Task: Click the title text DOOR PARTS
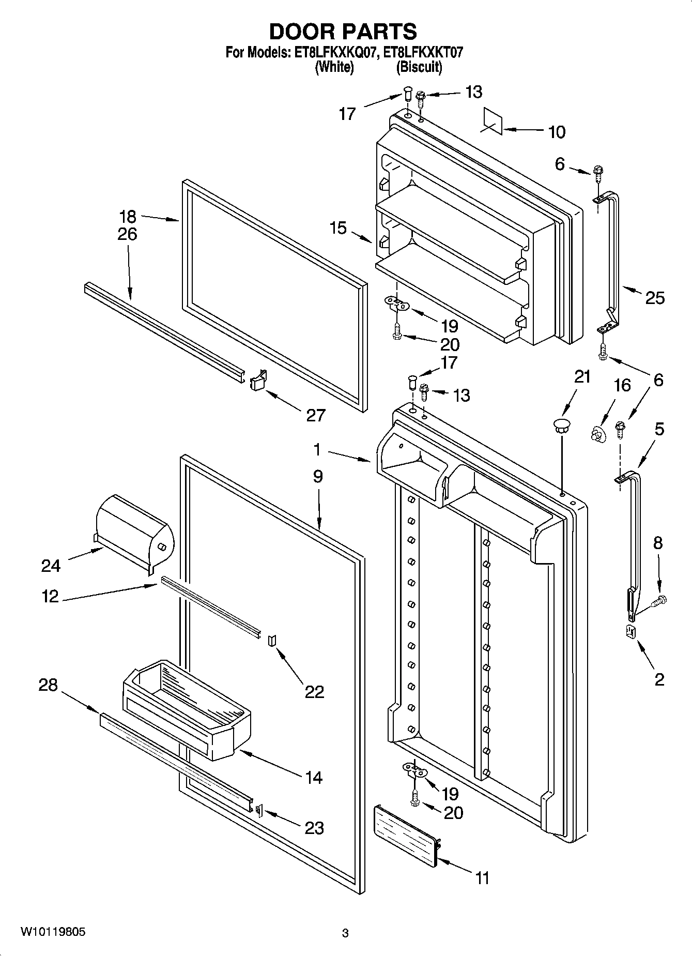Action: tap(343, 32)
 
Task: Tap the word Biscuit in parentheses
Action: tap(419, 67)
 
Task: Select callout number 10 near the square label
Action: tap(556, 132)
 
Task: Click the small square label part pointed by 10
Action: tap(494, 121)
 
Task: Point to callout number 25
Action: tap(654, 298)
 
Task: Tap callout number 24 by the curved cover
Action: tap(51, 566)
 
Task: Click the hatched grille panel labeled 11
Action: tap(406, 834)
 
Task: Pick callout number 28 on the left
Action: tap(48, 685)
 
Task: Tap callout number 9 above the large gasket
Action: tap(317, 476)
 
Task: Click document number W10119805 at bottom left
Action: tap(53, 932)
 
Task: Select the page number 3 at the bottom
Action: tap(345, 933)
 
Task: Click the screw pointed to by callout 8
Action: tap(659, 601)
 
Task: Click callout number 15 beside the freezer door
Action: tap(338, 227)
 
